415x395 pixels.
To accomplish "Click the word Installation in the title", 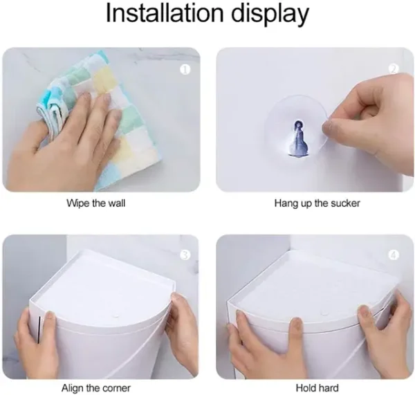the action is point(165,13).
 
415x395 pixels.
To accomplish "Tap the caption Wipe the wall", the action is point(95,203).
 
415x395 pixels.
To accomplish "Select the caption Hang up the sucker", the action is point(317,203).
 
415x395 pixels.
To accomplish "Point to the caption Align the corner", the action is point(96,388).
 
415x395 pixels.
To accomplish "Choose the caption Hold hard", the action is point(317,388).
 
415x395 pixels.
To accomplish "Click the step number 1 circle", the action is point(185,70).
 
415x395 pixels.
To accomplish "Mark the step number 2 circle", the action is point(394,69).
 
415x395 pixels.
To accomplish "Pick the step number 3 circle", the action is point(185,255).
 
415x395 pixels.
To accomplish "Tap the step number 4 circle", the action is point(394,255).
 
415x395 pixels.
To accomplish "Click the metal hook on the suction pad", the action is point(299,139).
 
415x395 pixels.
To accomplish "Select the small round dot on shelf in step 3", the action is point(115,316).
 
